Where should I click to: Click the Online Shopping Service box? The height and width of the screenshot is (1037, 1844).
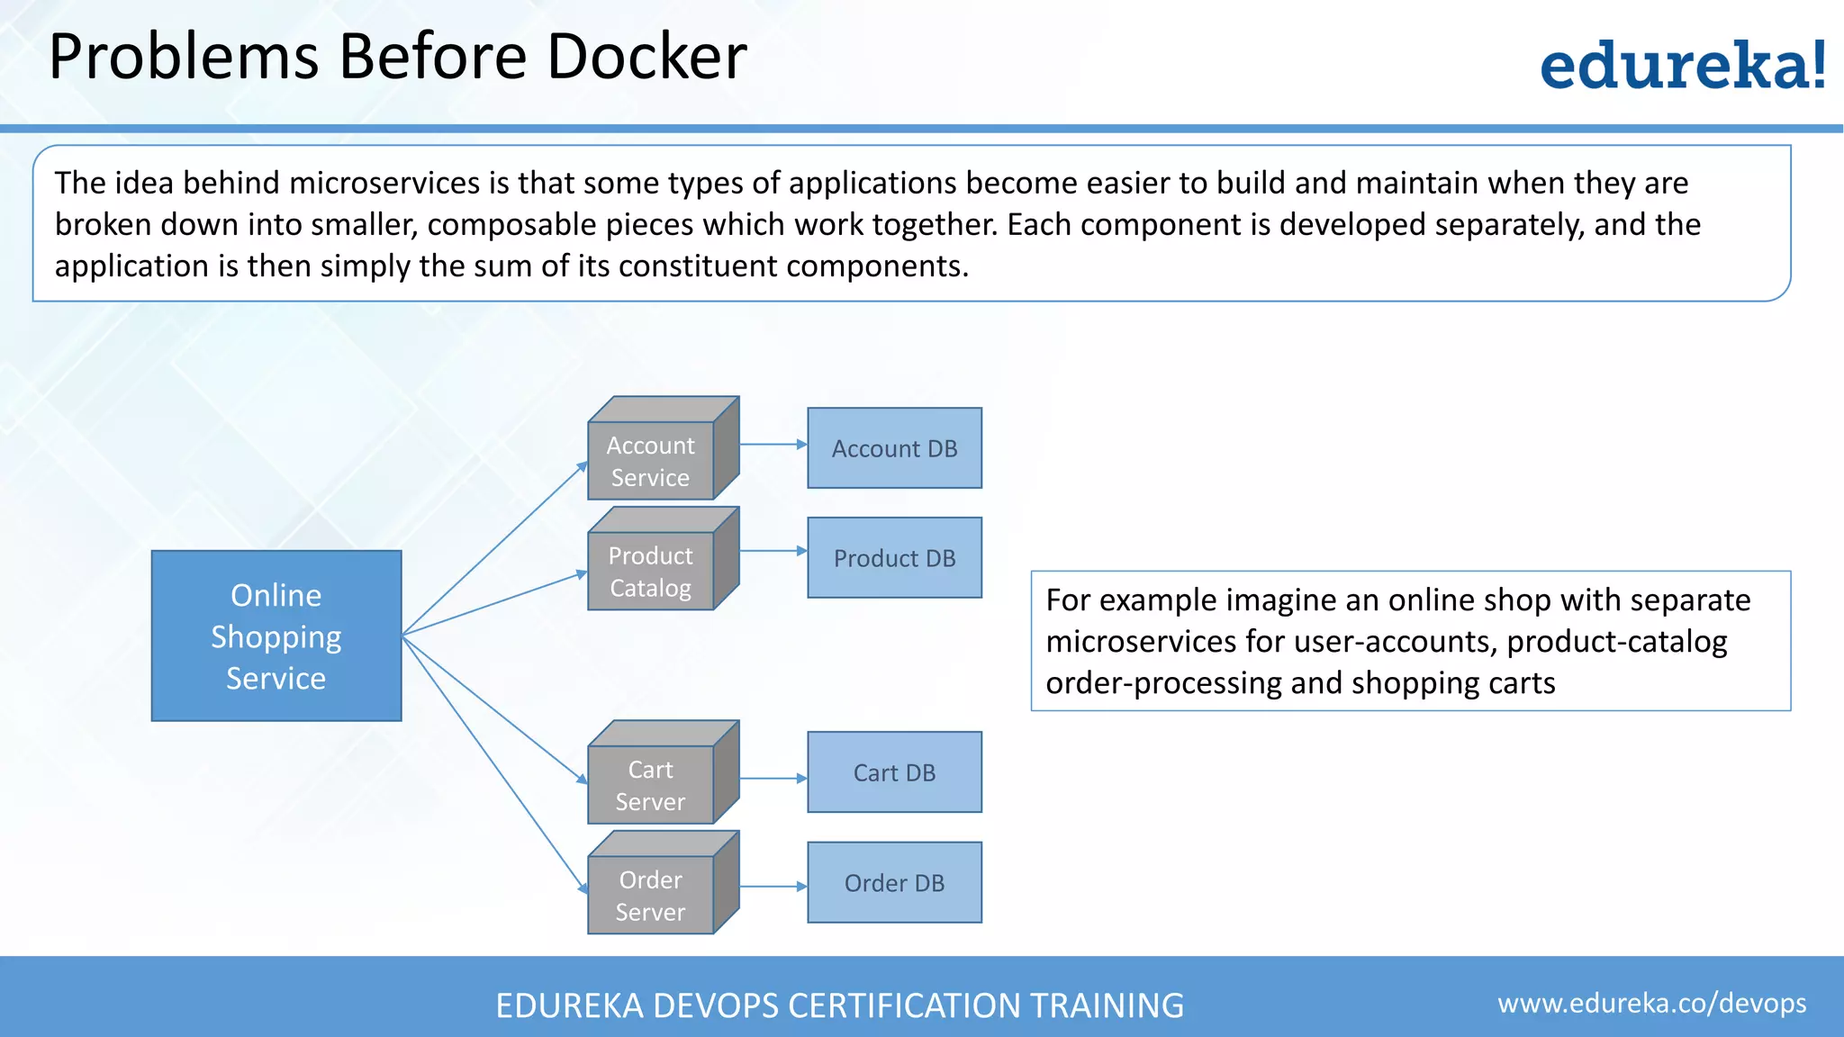(276, 636)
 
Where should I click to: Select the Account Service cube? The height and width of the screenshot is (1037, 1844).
(651, 461)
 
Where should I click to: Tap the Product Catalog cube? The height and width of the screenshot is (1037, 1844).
(651, 571)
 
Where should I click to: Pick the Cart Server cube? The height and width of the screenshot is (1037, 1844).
(651, 785)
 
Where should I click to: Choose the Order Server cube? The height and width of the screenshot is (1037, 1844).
(651, 895)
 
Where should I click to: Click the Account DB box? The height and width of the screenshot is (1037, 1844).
(894, 448)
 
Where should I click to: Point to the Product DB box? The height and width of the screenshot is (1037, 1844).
(894, 558)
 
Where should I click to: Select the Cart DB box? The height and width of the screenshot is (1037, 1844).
(894, 772)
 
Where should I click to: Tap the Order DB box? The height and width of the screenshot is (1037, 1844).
(894, 883)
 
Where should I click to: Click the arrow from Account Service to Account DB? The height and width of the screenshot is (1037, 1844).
(773, 444)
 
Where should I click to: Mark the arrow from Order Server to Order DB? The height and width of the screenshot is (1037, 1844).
(773, 887)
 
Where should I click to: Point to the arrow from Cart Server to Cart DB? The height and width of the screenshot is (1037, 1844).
(773, 779)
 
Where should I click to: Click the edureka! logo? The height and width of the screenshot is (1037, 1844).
(1683, 66)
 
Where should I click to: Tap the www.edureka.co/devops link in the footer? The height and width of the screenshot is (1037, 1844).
(1651, 1003)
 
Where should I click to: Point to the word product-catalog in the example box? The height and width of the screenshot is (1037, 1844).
(1616, 642)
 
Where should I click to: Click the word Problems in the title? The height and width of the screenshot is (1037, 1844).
(184, 57)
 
